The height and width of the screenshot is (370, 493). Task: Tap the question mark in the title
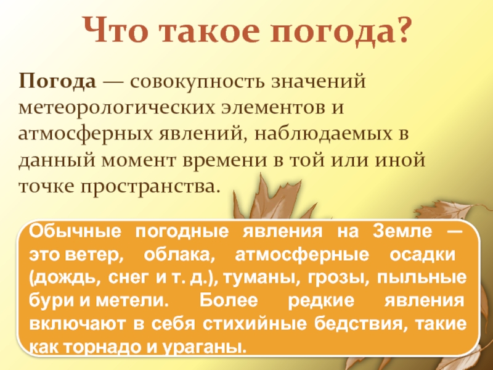401,30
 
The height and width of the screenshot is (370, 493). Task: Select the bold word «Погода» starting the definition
57,81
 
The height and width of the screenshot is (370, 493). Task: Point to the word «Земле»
401,233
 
